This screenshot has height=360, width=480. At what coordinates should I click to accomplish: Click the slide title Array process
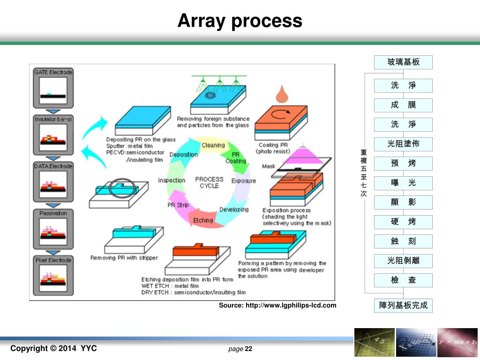tap(240, 21)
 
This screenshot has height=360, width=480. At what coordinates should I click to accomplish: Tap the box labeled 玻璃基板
tap(403, 62)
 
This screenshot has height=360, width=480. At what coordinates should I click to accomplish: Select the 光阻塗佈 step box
tap(403, 144)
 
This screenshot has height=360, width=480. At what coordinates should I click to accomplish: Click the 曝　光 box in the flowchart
tap(403, 183)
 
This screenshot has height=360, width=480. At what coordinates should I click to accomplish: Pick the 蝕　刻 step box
tap(403, 241)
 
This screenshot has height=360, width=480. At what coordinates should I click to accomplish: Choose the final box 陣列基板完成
tap(403, 305)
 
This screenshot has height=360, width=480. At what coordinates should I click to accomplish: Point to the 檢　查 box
tap(403, 280)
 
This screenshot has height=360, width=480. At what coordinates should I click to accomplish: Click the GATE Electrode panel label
tap(53, 73)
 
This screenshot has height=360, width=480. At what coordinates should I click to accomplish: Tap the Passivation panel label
tap(53, 213)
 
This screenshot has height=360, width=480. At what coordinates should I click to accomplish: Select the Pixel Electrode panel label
tap(53, 260)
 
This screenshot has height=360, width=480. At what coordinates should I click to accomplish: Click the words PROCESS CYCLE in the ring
tap(209, 182)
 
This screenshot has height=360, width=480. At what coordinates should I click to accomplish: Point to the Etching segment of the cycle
tap(203, 220)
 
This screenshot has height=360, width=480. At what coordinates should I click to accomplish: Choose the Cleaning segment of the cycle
tap(213, 145)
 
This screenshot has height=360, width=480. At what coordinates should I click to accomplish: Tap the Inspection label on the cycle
tap(172, 180)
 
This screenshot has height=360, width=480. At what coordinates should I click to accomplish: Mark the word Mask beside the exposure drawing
tap(269, 166)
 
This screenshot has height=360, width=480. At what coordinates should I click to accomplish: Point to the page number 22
tap(248, 349)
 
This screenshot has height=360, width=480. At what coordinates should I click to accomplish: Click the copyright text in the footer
tap(53, 348)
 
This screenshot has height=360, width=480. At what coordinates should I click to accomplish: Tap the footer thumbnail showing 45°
tap(374, 343)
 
